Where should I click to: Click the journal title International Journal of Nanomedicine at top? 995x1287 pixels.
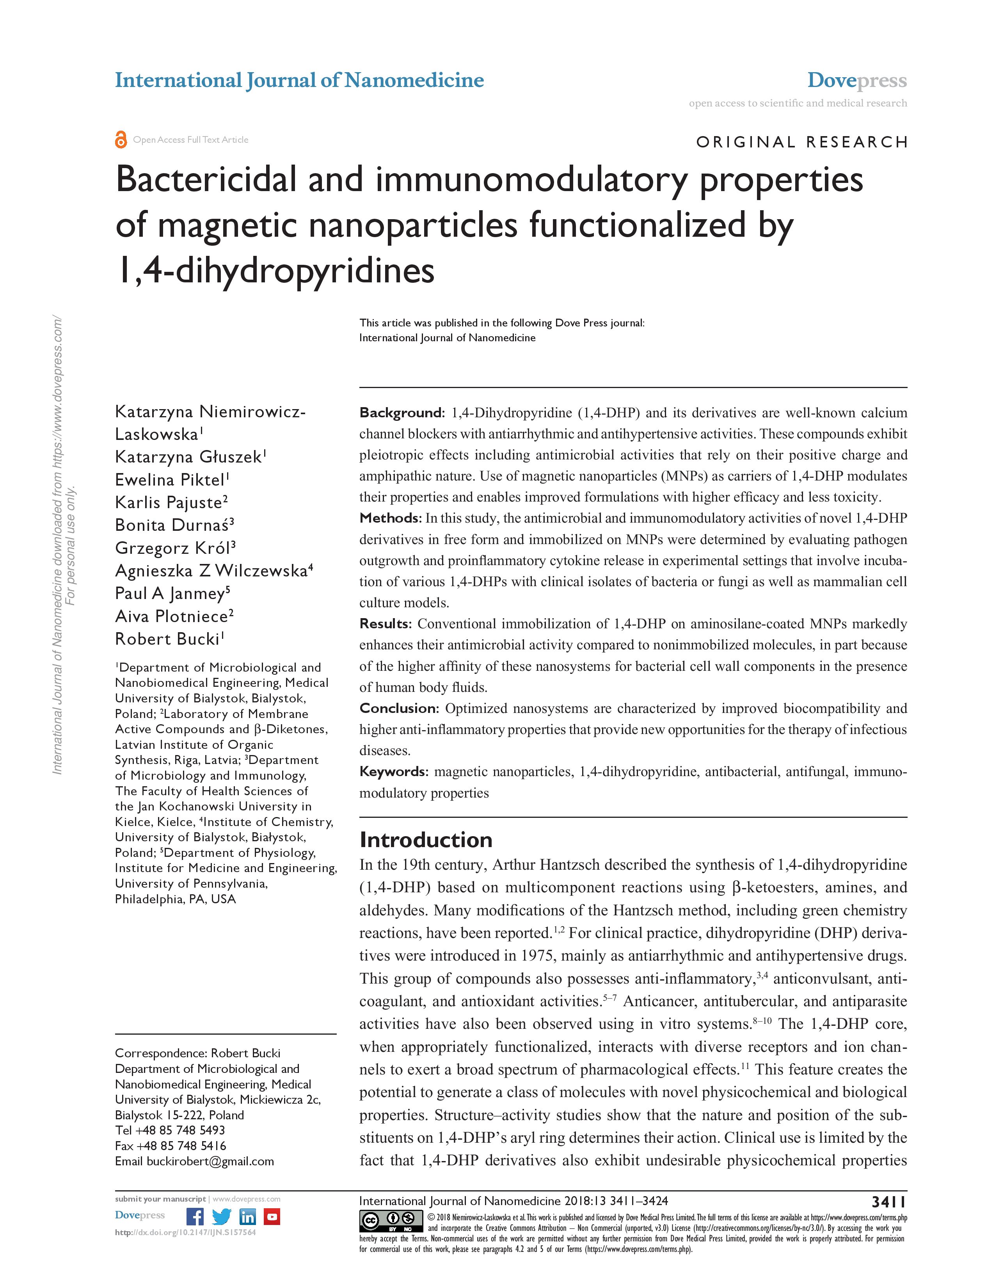pos(299,80)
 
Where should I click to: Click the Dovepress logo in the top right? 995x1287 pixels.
pos(856,80)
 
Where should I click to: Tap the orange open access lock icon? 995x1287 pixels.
pos(121,140)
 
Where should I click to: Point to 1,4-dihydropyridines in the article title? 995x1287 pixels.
pos(275,271)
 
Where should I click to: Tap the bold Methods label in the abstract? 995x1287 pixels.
pos(390,518)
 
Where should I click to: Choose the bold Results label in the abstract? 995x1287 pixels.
pos(385,624)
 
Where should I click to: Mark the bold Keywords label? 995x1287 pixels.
pos(393,771)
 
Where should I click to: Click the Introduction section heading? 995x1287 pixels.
pos(426,839)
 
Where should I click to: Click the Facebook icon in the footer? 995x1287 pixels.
pos(195,1216)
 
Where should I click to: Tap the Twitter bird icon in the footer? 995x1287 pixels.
pos(222,1216)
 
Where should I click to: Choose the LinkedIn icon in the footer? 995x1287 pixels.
pos(247,1216)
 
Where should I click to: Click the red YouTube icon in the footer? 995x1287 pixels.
pos(272,1216)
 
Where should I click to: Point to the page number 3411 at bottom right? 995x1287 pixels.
pos(889,1201)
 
